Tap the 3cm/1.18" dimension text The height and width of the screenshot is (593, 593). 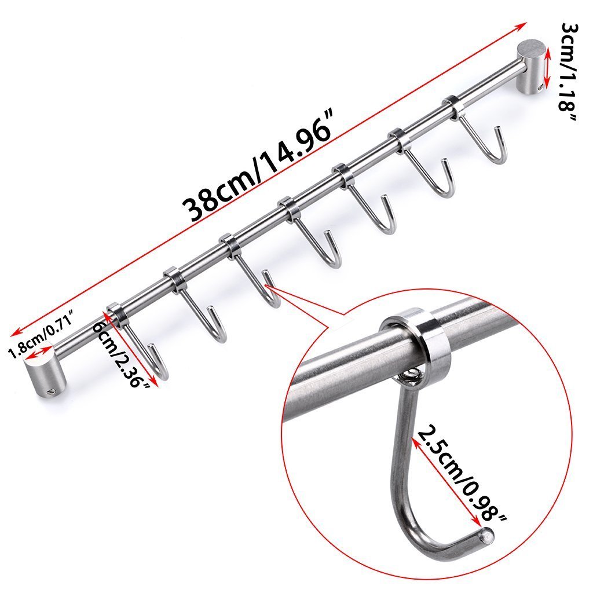[568, 71]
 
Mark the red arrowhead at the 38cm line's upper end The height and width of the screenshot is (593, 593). [521, 25]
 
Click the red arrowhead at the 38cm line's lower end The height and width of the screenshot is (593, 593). [16, 331]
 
